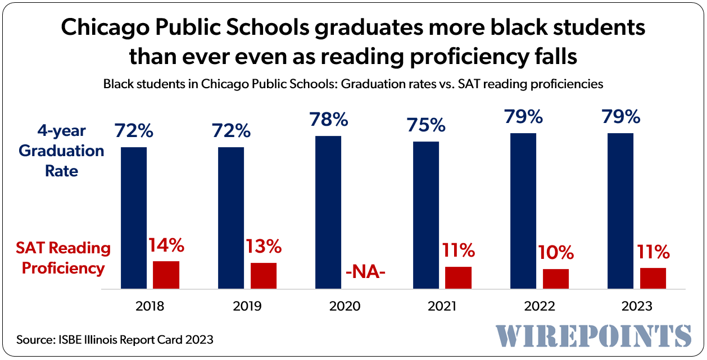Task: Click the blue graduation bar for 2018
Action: tap(134, 218)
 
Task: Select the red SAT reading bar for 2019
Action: tap(264, 276)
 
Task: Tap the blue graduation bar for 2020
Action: tap(328, 212)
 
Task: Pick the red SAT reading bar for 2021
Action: tap(458, 277)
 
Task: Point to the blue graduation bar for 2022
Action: tap(523, 211)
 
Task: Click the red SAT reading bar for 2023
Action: tap(653, 278)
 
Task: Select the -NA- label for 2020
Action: tap(365, 274)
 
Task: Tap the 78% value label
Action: tap(328, 119)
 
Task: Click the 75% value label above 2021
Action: tap(426, 125)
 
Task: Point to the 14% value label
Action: tap(166, 245)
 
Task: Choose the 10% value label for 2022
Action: tap(556, 253)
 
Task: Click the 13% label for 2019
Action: tap(264, 247)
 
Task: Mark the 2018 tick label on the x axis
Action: tap(149, 306)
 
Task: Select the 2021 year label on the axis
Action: tap(442, 306)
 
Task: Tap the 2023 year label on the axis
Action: tap(637, 306)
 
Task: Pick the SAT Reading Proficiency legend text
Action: tap(63, 258)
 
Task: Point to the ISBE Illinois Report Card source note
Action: tap(115, 339)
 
